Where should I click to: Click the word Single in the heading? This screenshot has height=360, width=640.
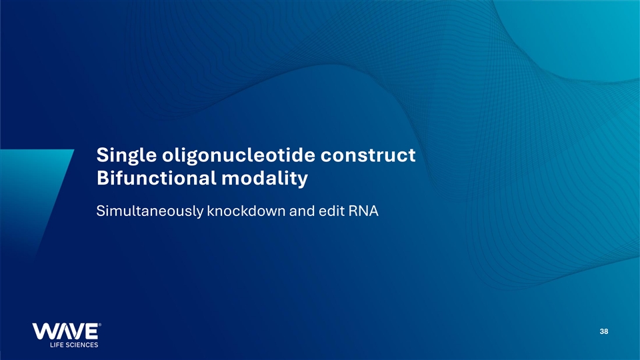(127, 156)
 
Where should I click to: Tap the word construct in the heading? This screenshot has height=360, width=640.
(368, 155)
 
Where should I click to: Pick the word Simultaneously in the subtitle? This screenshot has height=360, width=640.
(149, 211)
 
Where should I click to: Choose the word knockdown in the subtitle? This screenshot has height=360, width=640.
(246, 211)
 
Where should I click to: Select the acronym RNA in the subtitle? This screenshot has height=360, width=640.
(364, 211)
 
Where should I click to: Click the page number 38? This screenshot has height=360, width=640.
(604, 331)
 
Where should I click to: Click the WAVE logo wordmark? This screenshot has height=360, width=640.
(66, 331)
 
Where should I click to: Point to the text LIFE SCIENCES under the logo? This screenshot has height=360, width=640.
(74, 345)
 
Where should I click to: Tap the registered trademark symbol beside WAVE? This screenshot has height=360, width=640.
(100, 325)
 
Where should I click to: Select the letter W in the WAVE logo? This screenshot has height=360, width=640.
(43, 331)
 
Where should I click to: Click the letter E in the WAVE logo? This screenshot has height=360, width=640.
(91, 331)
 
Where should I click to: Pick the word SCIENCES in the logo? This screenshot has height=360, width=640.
(81, 345)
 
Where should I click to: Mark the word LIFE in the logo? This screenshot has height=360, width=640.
(56, 345)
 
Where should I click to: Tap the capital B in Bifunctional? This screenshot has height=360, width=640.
(103, 178)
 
